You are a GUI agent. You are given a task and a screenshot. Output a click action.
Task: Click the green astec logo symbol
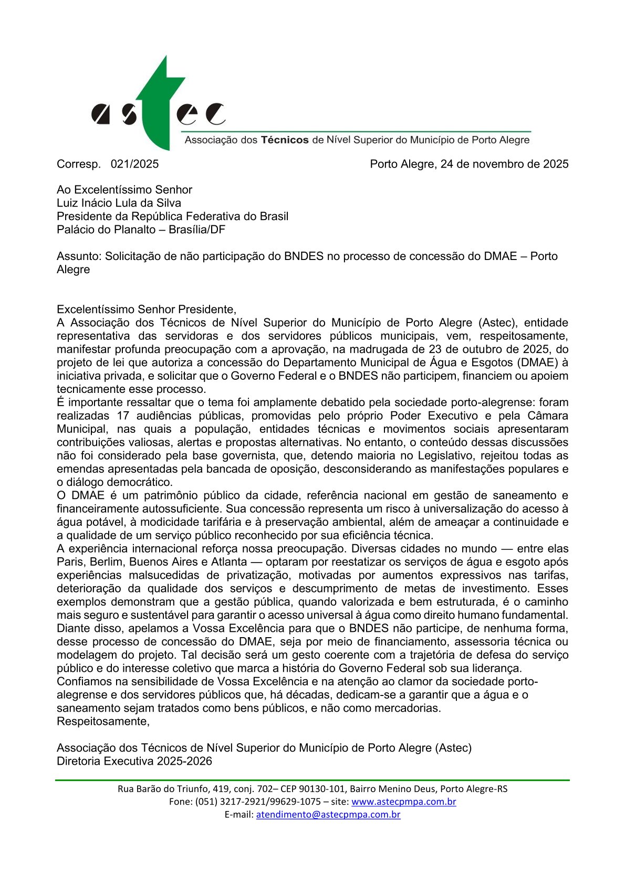[x=158, y=105]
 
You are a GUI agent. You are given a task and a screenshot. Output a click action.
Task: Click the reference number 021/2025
[x=134, y=164]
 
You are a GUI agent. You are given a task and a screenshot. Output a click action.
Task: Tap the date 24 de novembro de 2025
[x=504, y=164]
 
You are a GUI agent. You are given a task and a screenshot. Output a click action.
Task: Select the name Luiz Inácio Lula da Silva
[x=119, y=203]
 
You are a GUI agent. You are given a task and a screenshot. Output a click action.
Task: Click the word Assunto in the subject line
[x=78, y=256]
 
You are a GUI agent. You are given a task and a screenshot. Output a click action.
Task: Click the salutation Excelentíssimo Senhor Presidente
[x=146, y=309]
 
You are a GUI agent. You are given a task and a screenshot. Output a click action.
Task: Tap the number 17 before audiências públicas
[x=123, y=415]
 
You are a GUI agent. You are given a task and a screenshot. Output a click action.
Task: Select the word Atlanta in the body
[x=226, y=561]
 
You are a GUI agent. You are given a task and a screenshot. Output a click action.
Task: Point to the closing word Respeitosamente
[x=103, y=721]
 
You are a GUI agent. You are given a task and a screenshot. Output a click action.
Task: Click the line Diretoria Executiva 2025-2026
[x=134, y=761]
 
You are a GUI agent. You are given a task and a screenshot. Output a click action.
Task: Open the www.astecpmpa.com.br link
[x=403, y=802]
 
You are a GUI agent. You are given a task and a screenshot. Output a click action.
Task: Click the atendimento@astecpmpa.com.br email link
[x=328, y=815]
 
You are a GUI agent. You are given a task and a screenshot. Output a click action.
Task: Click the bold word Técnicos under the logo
[x=285, y=140]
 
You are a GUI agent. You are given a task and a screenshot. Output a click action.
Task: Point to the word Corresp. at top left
[x=79, y=164]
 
